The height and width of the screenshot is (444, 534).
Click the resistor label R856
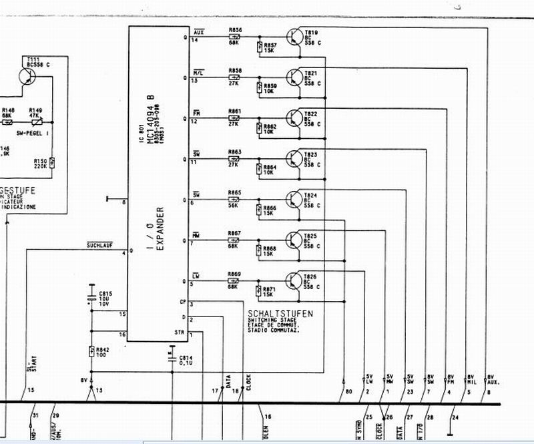235,30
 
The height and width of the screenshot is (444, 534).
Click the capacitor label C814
186,358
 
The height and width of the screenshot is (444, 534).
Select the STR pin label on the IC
179,332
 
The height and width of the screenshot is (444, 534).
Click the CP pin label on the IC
183,301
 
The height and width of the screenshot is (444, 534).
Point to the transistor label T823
311,153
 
